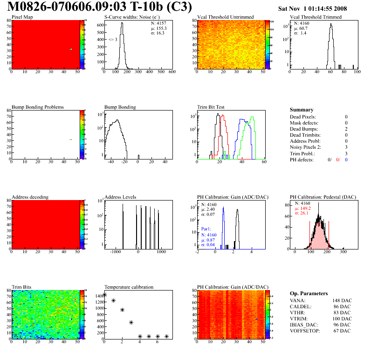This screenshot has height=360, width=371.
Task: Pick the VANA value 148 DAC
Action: (342, 300)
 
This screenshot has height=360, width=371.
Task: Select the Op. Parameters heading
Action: (309, 293)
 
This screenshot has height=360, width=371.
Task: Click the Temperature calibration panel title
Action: (129, 287)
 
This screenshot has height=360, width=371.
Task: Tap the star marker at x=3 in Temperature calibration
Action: (131, 322)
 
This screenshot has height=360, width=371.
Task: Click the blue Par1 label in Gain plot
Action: (206, 229)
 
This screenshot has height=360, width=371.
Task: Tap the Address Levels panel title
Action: (120, 197)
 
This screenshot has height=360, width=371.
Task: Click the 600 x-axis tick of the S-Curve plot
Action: (172, 72)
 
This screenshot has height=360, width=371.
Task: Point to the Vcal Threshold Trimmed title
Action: (316, 17)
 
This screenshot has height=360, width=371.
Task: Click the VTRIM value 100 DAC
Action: (342, 318)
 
